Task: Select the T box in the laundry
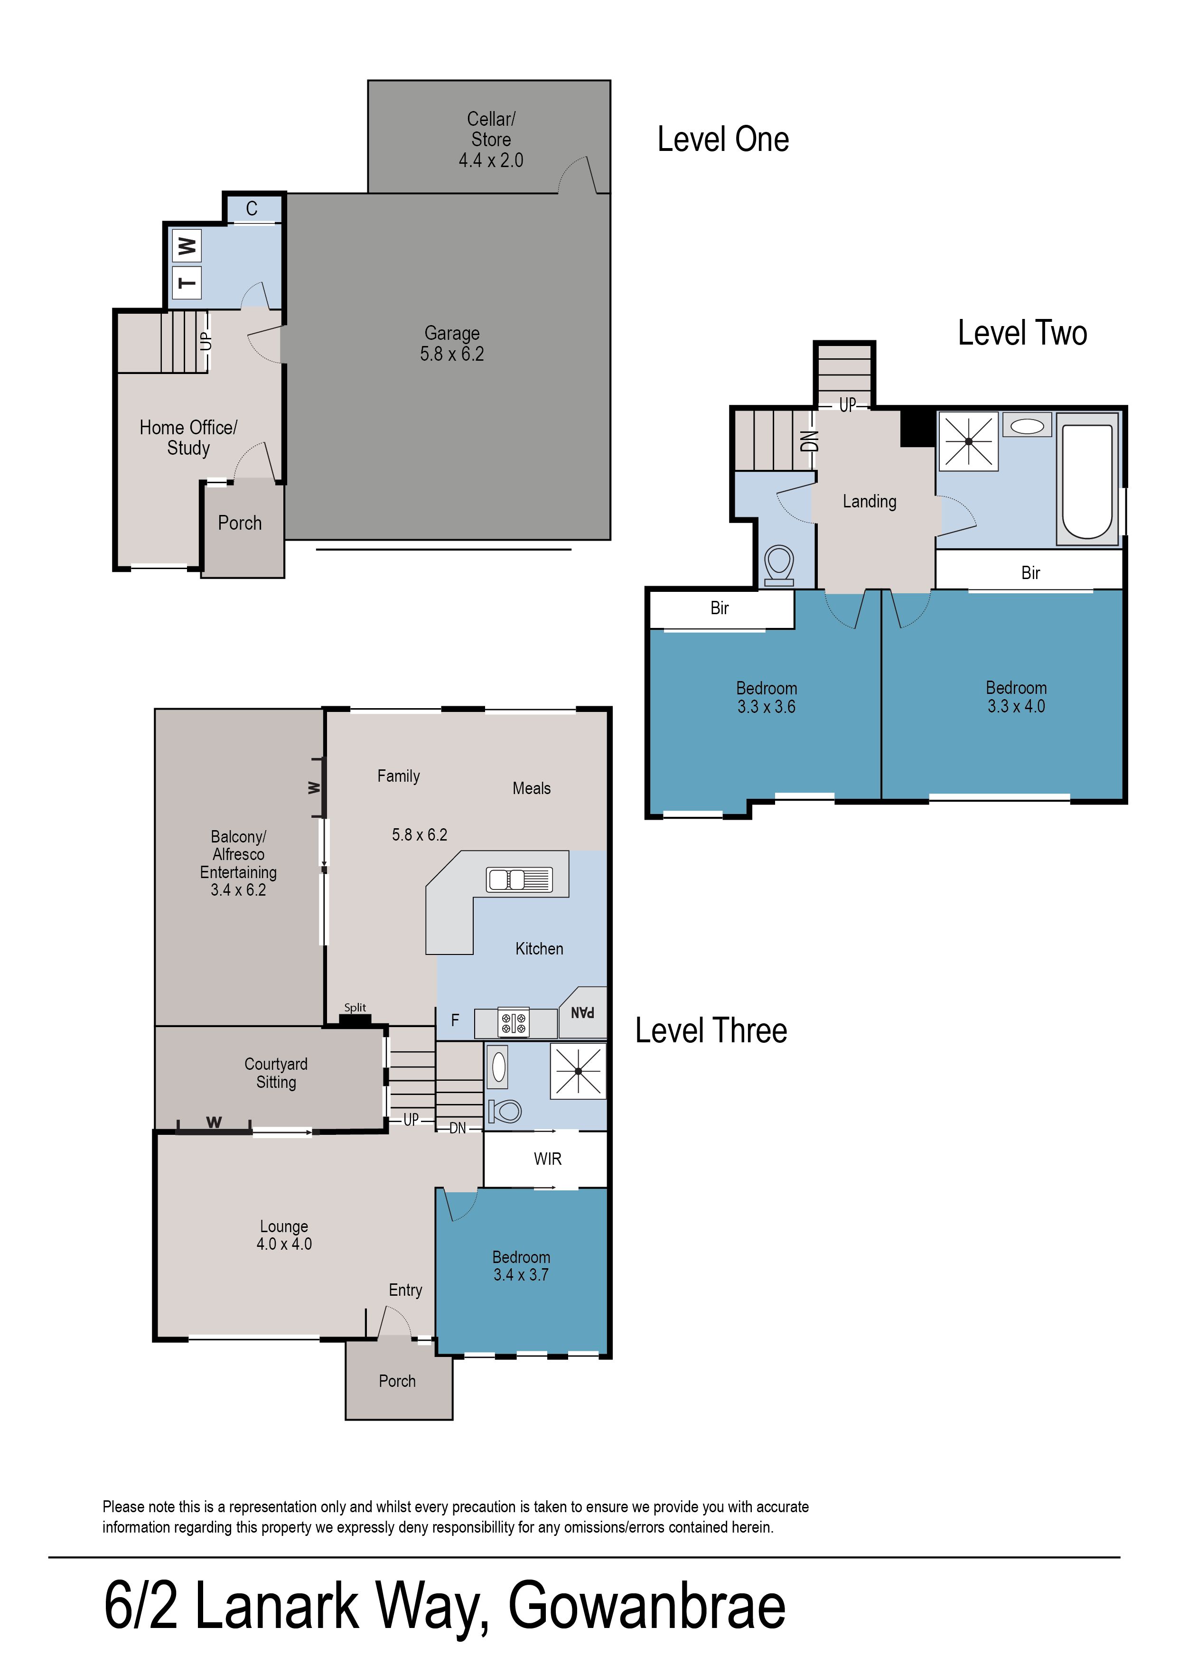click(x=187, y=282)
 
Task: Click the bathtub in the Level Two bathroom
click(x=1087, y=480)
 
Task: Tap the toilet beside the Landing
click(x=780, y=565)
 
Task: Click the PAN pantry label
click(x=583, y=1012)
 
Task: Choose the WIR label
click(x=547, y=1159)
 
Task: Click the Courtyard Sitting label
click(x=276, y=1073)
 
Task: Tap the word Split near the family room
click(x=355, y=1008)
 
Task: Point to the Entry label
click(x=405, y=1290)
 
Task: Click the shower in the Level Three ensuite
click(x=578, y=1071)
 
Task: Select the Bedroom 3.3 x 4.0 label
click(x=1016, y=697)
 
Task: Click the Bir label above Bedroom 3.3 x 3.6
click(x=720, y=608)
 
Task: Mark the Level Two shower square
click(x=968, y=441)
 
